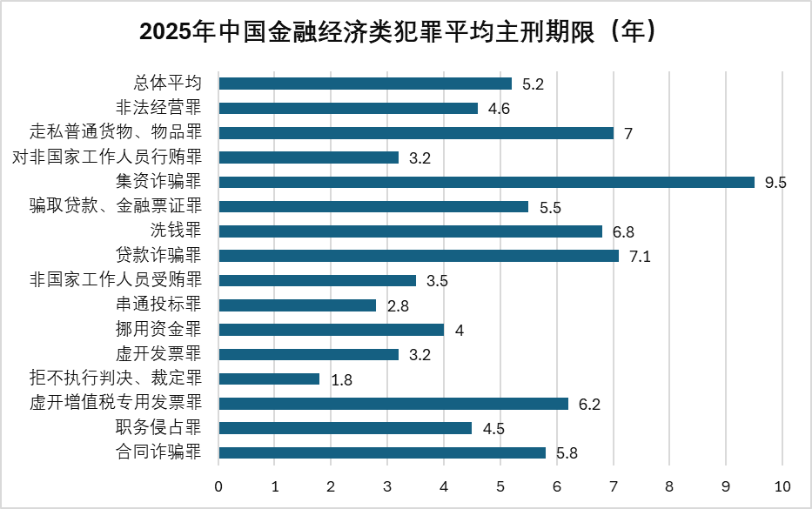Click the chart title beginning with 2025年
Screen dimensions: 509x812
(406, 33)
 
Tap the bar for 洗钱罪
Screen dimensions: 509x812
(410, 231)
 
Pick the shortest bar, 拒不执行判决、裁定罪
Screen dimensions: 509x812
(269, 379)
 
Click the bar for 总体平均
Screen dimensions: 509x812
(365, 84)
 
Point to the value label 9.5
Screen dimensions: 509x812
(775, 183)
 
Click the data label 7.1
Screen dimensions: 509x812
(640, 257)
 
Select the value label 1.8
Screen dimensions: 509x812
(341, 380)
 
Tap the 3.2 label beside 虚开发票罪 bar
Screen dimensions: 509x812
(419, 355)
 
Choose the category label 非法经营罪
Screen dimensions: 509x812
(158, 108)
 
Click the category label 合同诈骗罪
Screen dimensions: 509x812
(158, 452)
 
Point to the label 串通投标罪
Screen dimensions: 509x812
(158, 305)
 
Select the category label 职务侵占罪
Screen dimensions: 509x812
(158, 428)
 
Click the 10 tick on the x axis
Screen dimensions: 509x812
(782, 485)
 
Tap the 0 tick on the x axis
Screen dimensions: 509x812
(218, 485)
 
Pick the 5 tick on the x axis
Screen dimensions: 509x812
(500, 485)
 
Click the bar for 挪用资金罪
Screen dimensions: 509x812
(331, 330)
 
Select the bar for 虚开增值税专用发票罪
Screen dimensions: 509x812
(393, 404)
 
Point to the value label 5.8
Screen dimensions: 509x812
(567, 453)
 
